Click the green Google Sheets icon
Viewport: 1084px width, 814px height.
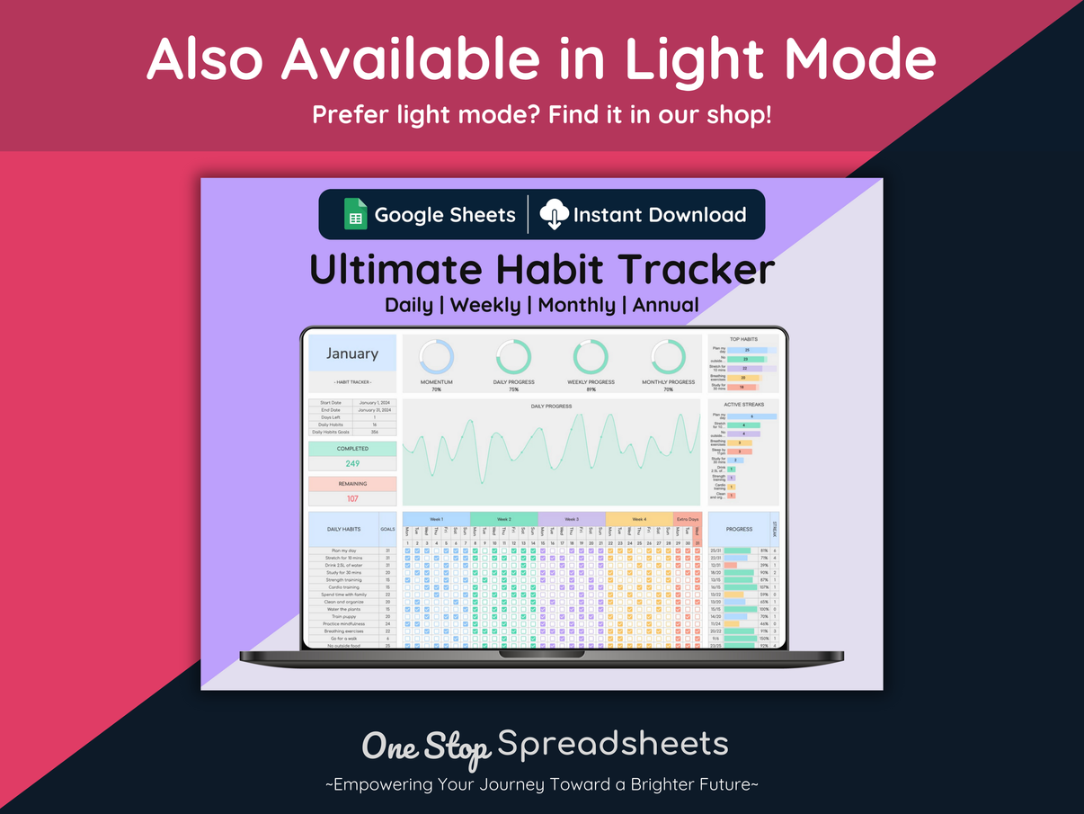pos(355,215)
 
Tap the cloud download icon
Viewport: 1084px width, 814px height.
pos(554,215)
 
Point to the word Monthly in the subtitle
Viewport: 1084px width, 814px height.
pos(576,305)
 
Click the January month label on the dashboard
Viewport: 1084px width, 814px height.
pos(352,353)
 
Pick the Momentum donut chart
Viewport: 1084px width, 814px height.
pos(437,357)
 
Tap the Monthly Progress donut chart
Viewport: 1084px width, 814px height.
pos(668,357)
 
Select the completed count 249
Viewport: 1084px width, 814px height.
pos(352,463)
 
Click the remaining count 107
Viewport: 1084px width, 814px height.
pos(352,498)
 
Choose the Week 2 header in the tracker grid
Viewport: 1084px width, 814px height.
pos(503,519)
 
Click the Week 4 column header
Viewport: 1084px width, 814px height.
pos(639,519)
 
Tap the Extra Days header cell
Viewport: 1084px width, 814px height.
pos(688,519)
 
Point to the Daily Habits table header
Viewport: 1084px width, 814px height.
pos(344,530)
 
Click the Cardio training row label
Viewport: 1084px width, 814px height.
pos(343,587)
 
